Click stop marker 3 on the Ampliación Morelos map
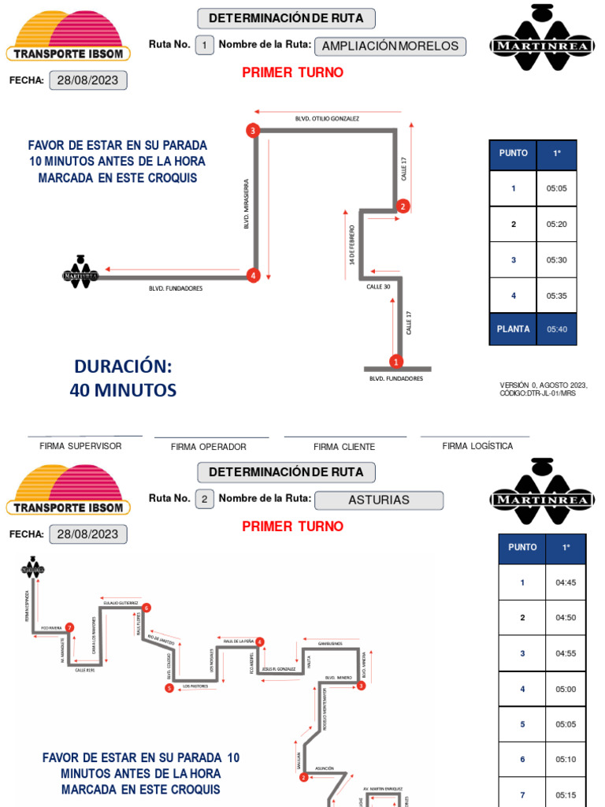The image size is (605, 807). pos(253,131)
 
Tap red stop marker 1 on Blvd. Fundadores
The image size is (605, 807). pos(395,362)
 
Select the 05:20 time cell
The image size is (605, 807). pos(556,225)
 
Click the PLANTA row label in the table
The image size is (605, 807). pos(514,329)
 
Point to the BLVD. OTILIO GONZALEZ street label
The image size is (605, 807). pos(327,118)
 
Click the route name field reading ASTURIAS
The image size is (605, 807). pos(378,500)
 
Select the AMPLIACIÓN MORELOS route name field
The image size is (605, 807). pos(390,46)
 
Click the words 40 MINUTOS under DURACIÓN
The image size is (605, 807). pos(123,390)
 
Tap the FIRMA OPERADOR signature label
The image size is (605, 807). pos(209,447)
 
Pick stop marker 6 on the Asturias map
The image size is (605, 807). pos(147,608)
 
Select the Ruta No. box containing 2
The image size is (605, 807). pos(204,499)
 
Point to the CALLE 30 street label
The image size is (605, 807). pos(378,287)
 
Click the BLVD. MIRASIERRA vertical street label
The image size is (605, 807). pos(247,203)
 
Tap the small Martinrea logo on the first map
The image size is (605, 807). pos(80,273)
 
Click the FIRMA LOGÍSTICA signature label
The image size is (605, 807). pos(477,446)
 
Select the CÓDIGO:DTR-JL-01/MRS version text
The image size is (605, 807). pos(537,393)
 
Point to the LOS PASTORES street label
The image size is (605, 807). pos(196,686)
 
